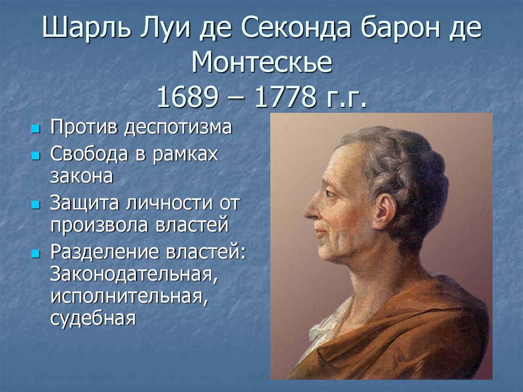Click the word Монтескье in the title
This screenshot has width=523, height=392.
tap(262, 62)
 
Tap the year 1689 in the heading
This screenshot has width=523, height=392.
tap(187, 97)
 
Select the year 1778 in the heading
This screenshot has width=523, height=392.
tap(286, 97)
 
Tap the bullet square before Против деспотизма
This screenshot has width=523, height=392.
tap(35, 129)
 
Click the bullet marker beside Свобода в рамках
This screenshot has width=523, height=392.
tap(35, 155)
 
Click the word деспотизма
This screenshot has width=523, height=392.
tap(178, 128)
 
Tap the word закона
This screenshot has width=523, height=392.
tap(82, 176)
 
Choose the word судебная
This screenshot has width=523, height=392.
tap(93, 318)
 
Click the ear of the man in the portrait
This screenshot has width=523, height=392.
tap(385, 212)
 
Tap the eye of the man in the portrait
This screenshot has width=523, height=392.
tap(330, 193)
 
